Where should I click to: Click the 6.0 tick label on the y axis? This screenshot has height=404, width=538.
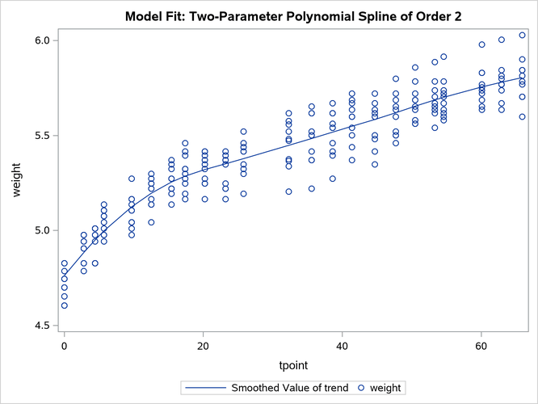point(42,40)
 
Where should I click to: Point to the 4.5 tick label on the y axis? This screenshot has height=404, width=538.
point(42,326)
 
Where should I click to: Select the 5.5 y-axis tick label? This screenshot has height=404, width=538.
point(42,136)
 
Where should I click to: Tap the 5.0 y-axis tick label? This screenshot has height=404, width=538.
point(42,230)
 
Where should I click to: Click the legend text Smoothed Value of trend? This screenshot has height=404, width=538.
point(290,389)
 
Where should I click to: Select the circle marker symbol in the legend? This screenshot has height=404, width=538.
point(361,389)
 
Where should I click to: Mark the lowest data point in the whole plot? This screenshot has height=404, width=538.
point(65,305)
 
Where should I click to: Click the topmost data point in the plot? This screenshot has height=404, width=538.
point(522,36)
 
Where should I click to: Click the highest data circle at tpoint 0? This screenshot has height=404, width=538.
point(65,263)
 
